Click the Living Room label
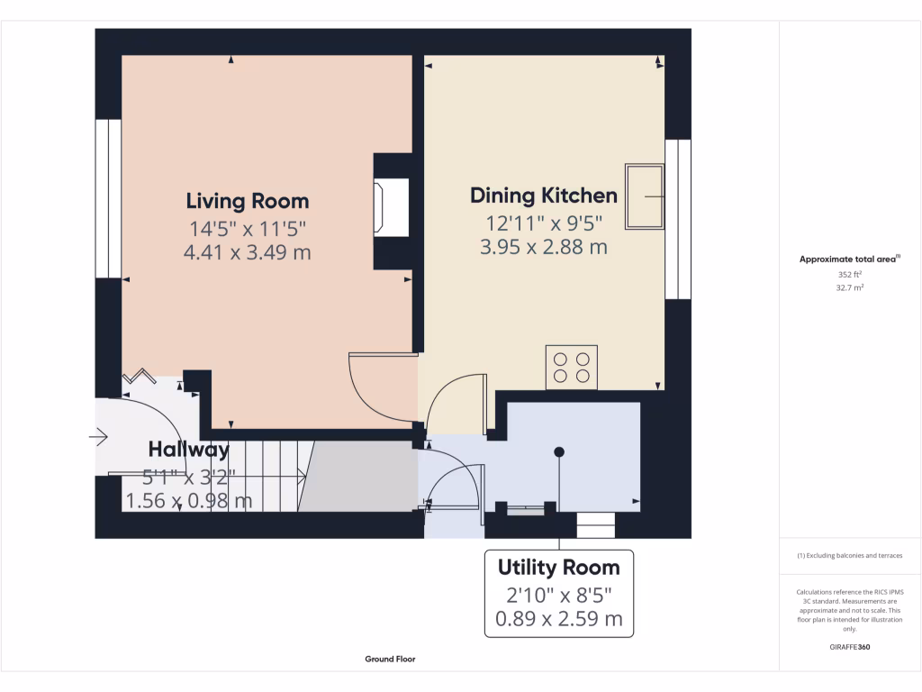(247, 201)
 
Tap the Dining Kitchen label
(544, 196)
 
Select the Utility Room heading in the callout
(558, 568)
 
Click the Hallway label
(189, 449)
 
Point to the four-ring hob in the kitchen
(572, 367)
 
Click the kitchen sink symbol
(645, 196)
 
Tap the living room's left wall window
(108, 198)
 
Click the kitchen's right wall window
(678, 219)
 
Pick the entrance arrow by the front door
(98, 438)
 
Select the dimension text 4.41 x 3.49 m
(247, 252)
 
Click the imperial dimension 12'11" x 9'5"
(544, 223)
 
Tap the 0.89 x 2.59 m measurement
(558, 619)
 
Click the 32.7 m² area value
(849, 288)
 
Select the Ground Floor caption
(390, 659)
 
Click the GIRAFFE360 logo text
(849, 647)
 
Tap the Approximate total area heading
(849, 259)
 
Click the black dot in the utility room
(559, 451)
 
